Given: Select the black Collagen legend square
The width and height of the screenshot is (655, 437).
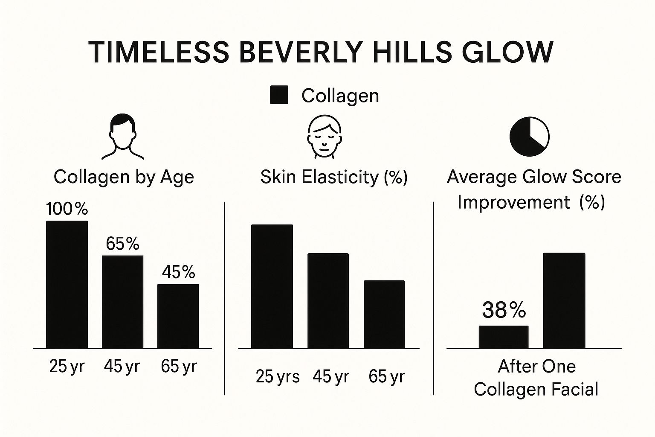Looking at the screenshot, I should pos(279,95).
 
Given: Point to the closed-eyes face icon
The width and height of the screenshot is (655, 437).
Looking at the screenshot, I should pos(324,137).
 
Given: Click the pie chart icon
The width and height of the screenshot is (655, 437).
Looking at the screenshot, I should pos(529,137).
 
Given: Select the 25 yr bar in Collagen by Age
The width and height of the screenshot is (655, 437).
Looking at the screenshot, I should pos(67,285).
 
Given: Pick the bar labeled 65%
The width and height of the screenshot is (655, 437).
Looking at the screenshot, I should pos(122,302).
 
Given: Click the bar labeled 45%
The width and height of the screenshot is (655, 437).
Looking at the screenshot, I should pos(178,316).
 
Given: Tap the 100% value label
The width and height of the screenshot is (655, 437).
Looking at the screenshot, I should pos(67,209).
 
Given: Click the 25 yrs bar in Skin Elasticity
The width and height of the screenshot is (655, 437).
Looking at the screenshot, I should pos(272,286).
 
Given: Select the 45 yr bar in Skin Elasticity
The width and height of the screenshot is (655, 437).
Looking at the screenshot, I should pos(328,301).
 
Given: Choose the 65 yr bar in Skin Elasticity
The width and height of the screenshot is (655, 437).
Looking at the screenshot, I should pos(384,315).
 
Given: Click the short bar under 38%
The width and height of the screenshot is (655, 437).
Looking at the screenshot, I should pos(503,337).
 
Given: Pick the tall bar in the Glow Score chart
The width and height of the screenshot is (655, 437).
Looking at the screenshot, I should pos(564,300).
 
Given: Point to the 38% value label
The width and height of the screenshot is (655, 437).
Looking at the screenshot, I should pos(504,310).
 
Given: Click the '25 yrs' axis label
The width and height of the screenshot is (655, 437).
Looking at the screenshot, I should pos(278,376).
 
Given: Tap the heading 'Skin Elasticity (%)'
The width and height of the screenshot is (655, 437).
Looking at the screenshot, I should pos(334,177).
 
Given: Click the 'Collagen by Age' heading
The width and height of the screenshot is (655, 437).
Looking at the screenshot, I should pos(124,177).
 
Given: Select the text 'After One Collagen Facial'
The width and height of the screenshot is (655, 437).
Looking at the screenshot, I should pos(536,378).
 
